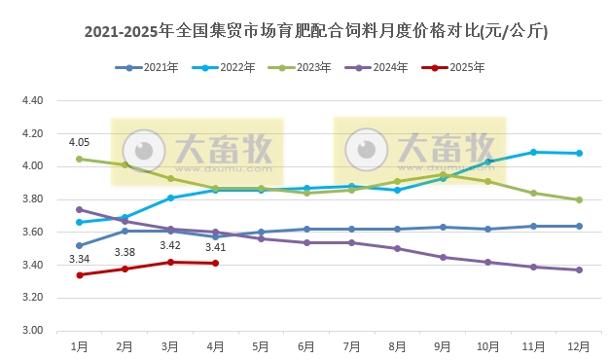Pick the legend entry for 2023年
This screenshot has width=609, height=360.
(309, 68)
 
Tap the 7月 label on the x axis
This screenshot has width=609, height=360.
(352, 345)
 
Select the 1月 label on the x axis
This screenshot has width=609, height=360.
(79, 345)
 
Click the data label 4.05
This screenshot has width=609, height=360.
(79, 143)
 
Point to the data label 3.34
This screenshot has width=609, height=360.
(79, 259)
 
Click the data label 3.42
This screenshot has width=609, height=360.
(170, 246)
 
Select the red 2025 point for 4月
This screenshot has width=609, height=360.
(216, 263)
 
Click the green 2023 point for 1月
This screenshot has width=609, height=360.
(79, 159)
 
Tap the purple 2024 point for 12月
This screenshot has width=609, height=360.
(580, 270)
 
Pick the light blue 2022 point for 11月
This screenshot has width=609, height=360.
(534, 152)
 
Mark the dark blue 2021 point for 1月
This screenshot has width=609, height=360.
(79, 245)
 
